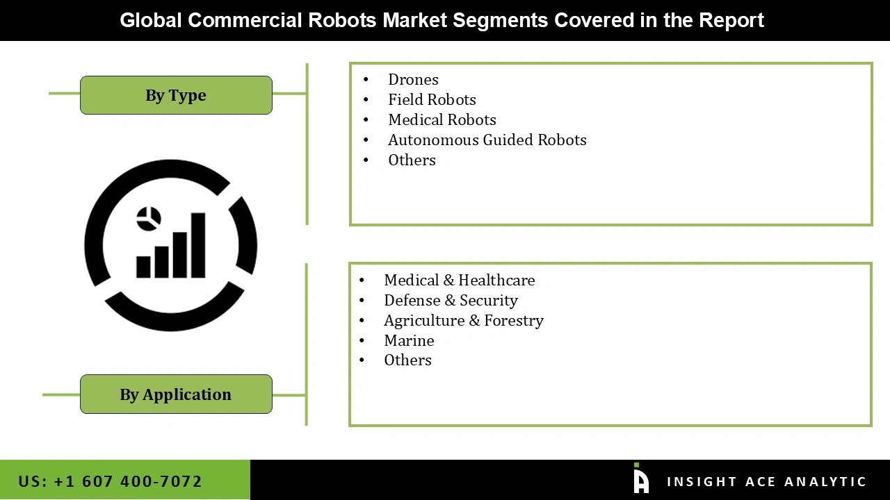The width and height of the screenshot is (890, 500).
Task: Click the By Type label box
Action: point(176,95)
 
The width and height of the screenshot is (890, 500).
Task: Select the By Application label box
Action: point(176,394)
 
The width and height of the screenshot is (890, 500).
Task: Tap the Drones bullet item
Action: point(413,80)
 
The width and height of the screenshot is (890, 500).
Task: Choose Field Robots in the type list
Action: point(432,100)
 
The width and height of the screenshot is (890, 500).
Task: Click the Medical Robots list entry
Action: point(442,120)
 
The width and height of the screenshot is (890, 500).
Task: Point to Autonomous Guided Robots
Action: point(487,140)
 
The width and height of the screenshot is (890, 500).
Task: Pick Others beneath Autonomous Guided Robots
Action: point(412,160)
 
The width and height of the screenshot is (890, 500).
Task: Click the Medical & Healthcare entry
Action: point(459,281)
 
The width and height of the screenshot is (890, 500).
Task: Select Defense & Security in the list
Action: point(451,301)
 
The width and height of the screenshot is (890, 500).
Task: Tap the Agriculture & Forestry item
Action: point(463,321)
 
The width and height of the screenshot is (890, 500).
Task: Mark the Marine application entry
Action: point(409,341)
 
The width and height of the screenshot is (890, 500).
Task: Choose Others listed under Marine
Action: point(407,360)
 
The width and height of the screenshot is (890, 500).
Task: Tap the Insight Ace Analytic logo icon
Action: point(640,479)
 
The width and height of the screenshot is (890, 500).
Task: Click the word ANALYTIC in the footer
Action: point(825,482)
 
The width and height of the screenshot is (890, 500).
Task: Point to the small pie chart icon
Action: point(149,219)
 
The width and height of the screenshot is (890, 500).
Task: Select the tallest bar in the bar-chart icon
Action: point(198,244)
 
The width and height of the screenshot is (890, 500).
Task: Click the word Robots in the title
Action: point(343,20)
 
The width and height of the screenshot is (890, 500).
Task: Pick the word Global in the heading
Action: point(151,20)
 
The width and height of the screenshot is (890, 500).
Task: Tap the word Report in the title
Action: point(731,20)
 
